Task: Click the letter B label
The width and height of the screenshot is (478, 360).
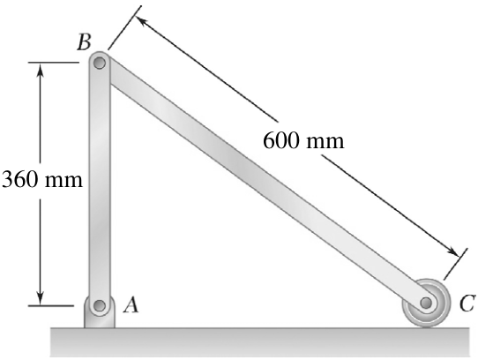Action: coord(84,42)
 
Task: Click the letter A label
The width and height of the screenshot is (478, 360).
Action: coord(131,305)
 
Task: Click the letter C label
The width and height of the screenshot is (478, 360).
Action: coord(467,303)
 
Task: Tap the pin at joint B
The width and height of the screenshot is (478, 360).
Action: coord(100,64)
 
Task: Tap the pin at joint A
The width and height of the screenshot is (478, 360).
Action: coord(100,305)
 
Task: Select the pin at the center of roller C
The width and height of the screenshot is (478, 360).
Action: coord(426,303)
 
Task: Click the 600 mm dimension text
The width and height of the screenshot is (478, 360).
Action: coord(303,141)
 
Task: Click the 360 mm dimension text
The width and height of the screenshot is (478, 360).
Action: coord(42,179)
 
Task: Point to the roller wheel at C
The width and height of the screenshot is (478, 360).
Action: coord(426,303)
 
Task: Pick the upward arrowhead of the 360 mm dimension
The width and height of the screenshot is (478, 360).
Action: coord(40,70)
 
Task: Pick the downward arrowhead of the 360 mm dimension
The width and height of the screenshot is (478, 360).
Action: coord(40,298)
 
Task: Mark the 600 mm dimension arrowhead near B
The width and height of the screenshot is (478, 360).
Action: coord(141,21)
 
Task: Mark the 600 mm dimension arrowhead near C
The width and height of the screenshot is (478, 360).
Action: coord(452,252)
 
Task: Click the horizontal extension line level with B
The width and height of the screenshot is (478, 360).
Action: coord(54,63)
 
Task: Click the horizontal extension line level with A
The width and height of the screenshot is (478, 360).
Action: coord(51,305)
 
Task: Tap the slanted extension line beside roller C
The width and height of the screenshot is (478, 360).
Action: coord(455,264)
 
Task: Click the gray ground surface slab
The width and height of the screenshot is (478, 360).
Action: coord(260,342)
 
